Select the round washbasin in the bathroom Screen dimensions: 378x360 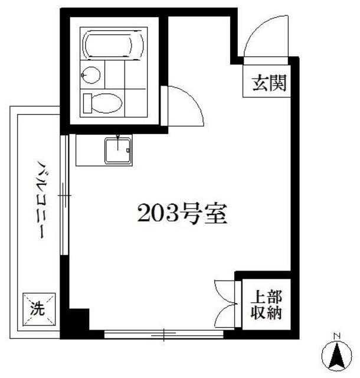click(90, 75)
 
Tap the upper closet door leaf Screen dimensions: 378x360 click(226, 289)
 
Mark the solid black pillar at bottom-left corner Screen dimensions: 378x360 click(74, 323)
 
